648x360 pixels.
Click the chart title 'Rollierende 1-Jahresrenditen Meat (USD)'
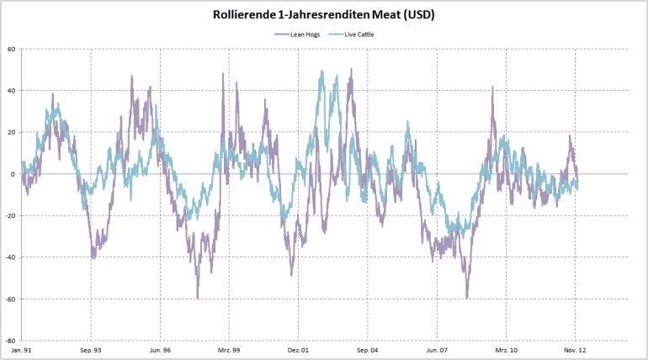323,15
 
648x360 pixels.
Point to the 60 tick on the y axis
12,49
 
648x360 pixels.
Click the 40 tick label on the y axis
12,91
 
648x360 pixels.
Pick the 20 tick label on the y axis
12,132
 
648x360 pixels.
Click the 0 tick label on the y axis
13,174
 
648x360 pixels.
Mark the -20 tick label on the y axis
10,216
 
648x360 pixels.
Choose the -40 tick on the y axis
10,257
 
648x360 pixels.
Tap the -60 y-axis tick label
10,299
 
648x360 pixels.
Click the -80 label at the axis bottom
10,341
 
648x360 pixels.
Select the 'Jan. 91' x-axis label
22,349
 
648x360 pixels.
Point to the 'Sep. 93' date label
91,349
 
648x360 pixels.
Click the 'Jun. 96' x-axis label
160,349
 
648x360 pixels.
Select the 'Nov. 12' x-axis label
575,349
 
